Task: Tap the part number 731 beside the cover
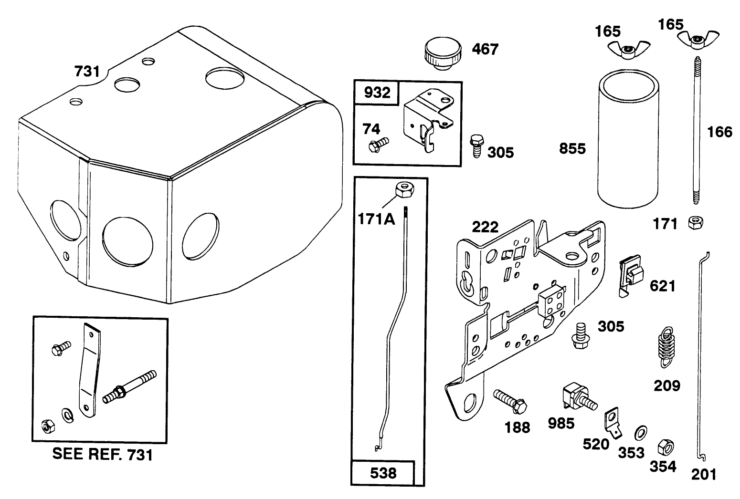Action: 87,71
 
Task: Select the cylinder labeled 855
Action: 628,139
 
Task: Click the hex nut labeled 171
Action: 696,223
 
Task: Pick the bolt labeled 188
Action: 510,401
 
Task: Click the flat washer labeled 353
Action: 641,433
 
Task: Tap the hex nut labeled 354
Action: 666,447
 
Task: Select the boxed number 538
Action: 383,473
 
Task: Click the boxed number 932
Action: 377,93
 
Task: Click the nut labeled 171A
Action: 404,190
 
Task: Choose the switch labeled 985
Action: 579,397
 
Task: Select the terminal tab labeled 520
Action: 613,423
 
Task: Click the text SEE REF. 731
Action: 103,455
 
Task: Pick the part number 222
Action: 485,227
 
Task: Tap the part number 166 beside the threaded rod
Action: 719,132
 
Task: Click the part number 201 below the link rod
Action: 704,475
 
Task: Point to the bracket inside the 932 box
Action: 428,120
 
